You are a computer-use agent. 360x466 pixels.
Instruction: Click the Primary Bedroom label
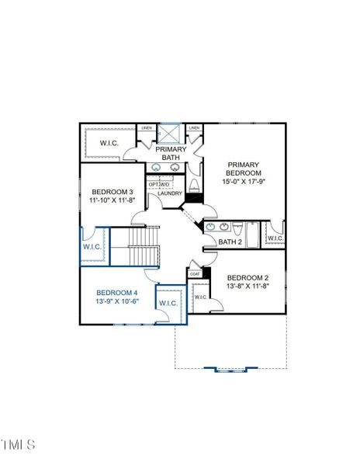pyautogui.click(x=244, y=169)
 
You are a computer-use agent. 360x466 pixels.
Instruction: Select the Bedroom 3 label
pyautogui.click(x=112, y=192)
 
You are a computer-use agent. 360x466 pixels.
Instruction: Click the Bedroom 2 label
pyautogui.click(x=247, y=278)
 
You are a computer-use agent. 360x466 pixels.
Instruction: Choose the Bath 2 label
pyautogui.click(x=230, y=242)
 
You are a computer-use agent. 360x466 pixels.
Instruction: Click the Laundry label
pyautogui.click(x=169, y=193)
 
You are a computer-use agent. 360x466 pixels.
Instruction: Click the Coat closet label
pyautogui.click(x=195, y=273)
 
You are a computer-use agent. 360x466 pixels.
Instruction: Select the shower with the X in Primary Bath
pyautogui.click(x=171, y=131)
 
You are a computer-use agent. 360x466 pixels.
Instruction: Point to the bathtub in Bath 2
pyautogui.click(x=254, y=231)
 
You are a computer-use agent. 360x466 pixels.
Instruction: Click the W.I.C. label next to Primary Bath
pyautogui.click(x=108, y=143)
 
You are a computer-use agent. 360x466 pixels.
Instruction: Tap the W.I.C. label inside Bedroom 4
pyautogui.click(x=168, y=302)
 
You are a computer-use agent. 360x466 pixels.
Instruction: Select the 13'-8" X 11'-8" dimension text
pyautogui.click(x=247, y=287)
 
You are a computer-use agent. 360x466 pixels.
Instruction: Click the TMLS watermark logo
pyautogui.click(x=19, y=444)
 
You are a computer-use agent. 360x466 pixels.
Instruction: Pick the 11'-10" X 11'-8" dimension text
pyautogui.click(x=112, y=200)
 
